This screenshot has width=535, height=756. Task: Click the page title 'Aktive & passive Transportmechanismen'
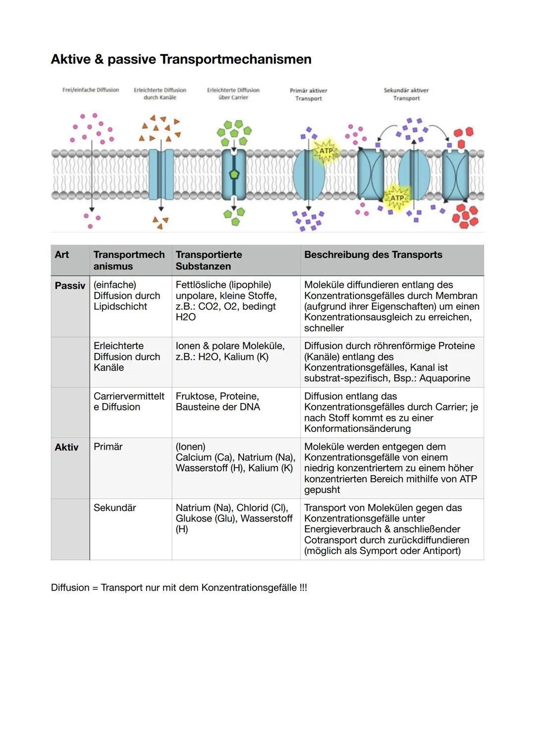[x=181, y=59]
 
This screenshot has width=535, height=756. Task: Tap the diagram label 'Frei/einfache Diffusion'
[x=91, y=90]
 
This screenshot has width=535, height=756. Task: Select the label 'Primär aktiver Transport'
[x=308, y=95]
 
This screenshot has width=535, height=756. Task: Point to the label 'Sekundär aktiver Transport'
[x=406, y=94]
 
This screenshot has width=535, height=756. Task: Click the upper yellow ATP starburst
[x=326, y=151]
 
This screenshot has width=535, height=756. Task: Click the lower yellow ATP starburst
[x=397, y=198]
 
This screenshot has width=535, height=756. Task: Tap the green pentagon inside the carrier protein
[x=234, y=174]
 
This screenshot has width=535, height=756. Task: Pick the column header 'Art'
[x=62, y=254]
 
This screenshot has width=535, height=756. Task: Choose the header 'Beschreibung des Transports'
[x=373, y=254]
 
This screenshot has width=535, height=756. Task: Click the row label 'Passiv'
[x=70, y=286]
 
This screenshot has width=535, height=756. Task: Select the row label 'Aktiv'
[x=66, y=447]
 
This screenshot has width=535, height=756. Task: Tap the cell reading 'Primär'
[x=108, y=447]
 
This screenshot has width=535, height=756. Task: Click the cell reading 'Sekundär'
[x=114, y=507]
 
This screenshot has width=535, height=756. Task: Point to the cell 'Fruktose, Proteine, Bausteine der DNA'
[x=217, y=402]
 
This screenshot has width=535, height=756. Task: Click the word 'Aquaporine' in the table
[x=444, y=378]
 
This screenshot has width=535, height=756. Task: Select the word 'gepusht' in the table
[x=322, y=490]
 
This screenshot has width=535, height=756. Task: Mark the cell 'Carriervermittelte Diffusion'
[x=128, y=402]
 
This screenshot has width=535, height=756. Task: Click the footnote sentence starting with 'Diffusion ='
[x=179, y=588]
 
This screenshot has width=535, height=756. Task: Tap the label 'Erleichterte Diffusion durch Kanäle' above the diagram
[x=160, y=94]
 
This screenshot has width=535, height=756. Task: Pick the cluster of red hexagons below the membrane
[x=465, y=216]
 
